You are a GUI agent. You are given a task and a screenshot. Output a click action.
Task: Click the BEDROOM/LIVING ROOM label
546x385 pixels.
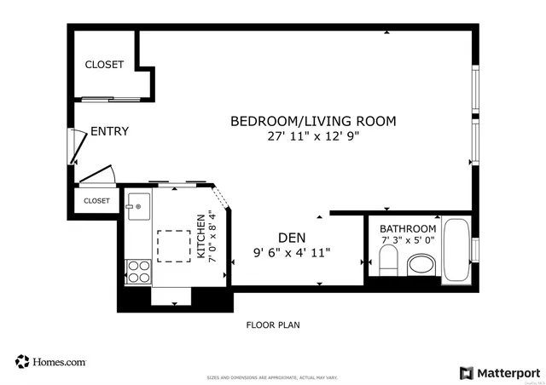pos(313,121)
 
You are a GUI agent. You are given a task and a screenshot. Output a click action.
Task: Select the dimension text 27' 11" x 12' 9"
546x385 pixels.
pos(313,136)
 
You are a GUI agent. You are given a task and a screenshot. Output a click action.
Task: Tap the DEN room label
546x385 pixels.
pos(292,237)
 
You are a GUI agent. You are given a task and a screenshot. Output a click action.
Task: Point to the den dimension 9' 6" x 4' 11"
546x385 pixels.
pos(292,252)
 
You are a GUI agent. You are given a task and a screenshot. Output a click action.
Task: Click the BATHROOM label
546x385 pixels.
pos(408,229)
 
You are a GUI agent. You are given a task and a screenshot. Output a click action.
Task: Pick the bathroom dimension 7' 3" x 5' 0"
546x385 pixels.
pos(408,242)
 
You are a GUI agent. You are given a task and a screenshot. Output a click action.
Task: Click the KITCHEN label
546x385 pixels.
pos(201,236)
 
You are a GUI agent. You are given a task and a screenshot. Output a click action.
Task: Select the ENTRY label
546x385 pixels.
pos(109,131)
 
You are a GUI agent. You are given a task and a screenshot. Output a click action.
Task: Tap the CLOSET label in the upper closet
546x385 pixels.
pos(104,65)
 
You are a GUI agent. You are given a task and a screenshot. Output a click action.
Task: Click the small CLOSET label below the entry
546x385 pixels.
pos(96,201)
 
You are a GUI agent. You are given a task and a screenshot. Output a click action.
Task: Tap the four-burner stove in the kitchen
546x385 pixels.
pos(138,271)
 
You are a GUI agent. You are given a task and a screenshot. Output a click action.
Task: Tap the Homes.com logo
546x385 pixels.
pos(51,362)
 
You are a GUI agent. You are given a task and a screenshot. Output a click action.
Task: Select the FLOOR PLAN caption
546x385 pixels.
pos(273,325)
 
